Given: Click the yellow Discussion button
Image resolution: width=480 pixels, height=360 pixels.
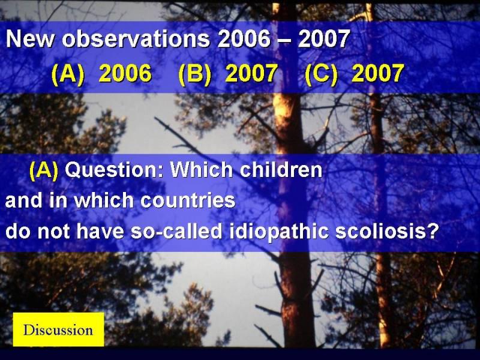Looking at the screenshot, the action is click(x=58, y=329).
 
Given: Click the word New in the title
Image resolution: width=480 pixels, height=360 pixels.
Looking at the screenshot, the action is click(x=29, y=39).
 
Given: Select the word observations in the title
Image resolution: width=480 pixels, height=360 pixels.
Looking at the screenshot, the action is click(x=136, y=39).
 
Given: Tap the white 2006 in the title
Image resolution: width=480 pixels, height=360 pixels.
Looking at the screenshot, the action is click(x=244, y=39).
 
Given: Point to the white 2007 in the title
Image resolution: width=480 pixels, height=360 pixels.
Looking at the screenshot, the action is click(x=324, y=39).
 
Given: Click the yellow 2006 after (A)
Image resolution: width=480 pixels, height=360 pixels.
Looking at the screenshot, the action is click(x=125, y=73).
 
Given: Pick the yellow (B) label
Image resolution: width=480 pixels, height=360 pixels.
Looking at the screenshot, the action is click(x=194, y=74).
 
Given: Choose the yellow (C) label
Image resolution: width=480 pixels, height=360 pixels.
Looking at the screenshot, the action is click(x=322, y=74).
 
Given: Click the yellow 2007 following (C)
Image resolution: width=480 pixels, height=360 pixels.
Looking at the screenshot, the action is click(x=378, y=73).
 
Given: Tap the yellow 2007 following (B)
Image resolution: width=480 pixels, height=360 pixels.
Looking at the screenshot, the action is click(x=251, y=73).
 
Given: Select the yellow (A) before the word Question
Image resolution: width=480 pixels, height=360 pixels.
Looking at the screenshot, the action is click(x=44, y=170).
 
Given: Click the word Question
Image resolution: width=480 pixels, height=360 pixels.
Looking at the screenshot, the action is click(x=115, y=170).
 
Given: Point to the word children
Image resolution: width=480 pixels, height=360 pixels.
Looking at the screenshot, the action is click(x=281, y=169).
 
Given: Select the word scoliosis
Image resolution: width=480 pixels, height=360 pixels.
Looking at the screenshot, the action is click(x=386, y=231).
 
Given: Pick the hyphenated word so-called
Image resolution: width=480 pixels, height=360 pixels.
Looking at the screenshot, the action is click(x=176, y=231).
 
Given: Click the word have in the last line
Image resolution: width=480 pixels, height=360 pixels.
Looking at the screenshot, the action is click(x=100, y=231).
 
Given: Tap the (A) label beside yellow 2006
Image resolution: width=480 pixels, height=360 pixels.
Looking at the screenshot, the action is click(x=68, y=74).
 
